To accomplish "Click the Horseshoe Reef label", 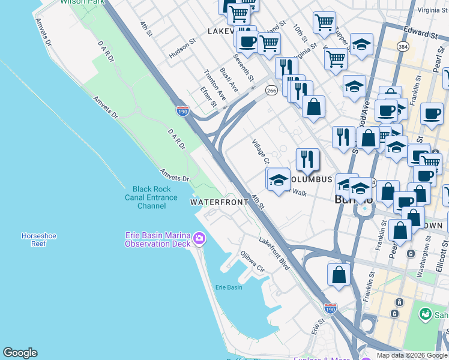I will pos(38,240).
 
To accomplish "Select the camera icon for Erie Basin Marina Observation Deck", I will pos(199,240).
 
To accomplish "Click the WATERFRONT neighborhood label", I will pos(219,202).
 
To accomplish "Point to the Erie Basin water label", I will pos(229,287).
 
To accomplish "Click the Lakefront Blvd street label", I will pos(274,253).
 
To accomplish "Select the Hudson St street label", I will pos(182,49).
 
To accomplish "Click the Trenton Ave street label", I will pos(214,85).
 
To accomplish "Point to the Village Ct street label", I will pos(260,152).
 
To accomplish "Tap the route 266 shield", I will pos(271,91).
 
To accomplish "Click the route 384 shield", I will pos(402,46).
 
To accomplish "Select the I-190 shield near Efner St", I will pos(183,111).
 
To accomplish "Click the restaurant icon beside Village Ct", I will pos(307,159).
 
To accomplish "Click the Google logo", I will pos(20,353).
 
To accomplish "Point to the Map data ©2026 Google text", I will pos(412,356).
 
